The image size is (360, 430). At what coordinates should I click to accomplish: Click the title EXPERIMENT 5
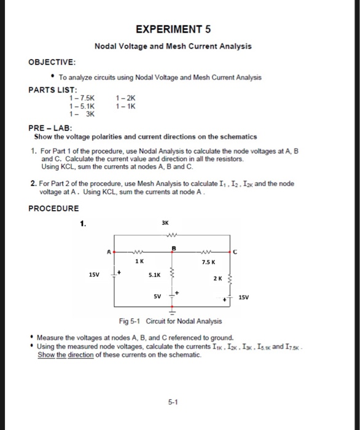[173, 29]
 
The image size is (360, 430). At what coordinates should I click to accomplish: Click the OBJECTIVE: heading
[53, 62]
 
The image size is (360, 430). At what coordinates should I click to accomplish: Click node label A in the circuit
[109, 251]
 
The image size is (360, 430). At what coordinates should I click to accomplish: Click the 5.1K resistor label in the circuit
[154, 276]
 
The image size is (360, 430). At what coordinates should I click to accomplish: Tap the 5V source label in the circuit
[158, 297]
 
